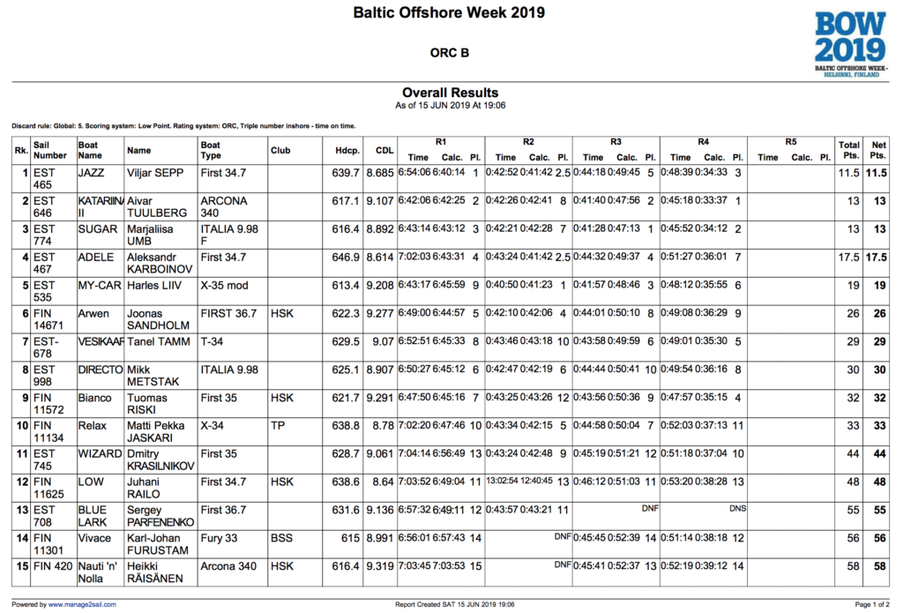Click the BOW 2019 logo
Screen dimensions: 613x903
coord(849,41)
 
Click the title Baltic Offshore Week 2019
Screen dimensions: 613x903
coord(449,13)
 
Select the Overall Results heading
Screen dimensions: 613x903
coord(450,93)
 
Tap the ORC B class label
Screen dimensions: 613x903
coord(450,53)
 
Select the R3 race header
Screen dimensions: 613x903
coord(616,141)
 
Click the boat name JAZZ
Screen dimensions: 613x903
coord(92,173)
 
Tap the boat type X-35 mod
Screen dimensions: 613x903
coord(225,286)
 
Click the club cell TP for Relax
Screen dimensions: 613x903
coord(278,426)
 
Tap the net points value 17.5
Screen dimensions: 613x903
coord(875,258)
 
